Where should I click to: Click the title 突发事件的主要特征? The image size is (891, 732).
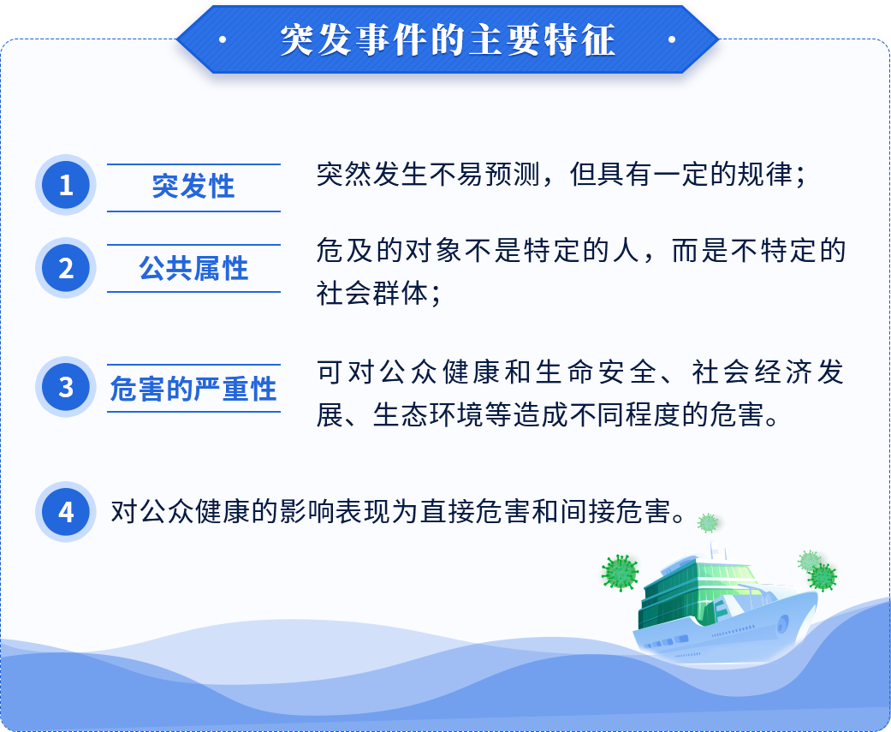[x=448, y=39]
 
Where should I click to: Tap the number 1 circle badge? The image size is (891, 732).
[x=66, y=185]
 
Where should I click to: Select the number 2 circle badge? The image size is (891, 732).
[x=66, y=268]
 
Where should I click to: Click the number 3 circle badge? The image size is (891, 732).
[x=66, y=387]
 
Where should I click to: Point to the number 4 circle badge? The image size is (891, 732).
[x=66, y=511]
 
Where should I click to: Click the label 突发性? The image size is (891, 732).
[x=193, y=186]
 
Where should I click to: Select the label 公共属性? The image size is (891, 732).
[x=193, y=268]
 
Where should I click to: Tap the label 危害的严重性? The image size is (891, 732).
[x=193, y=389]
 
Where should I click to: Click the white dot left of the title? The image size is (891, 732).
[x=223, y=39]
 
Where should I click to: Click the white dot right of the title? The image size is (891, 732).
[x=672, y=39]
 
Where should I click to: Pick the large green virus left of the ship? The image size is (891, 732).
[x=620, y=573]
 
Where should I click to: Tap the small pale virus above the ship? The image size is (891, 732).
[x=708, y=522]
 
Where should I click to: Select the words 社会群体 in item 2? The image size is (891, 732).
[x=372, y=294]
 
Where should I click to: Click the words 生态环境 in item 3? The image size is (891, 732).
[x=428, y=414]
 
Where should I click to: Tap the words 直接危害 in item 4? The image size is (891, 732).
[x=476, y=511]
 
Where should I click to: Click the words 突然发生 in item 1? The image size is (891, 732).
[x=372, y=174]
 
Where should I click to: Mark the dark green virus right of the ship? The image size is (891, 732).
[x=823, y=577]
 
